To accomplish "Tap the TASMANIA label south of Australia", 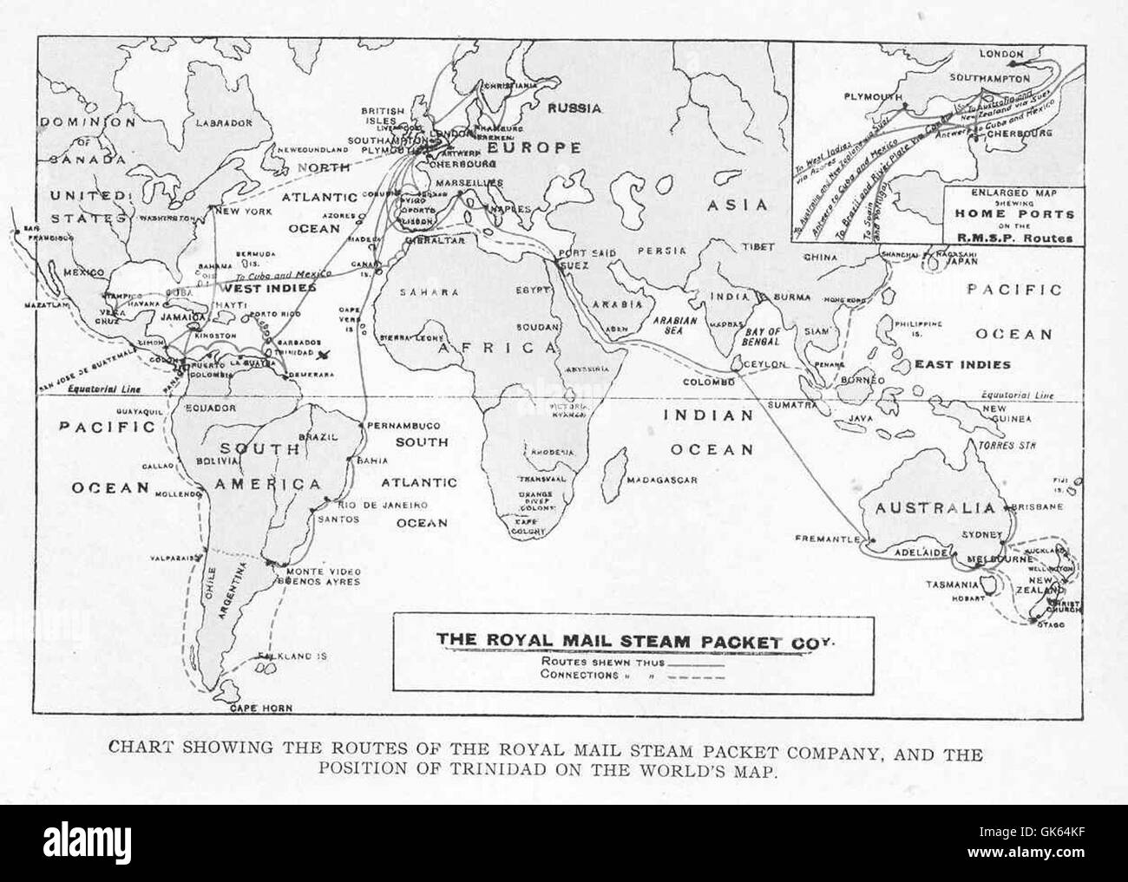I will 952,585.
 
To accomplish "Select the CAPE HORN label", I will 259,709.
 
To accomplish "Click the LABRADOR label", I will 224,123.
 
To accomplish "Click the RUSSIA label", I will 574,108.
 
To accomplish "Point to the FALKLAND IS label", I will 298,656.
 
